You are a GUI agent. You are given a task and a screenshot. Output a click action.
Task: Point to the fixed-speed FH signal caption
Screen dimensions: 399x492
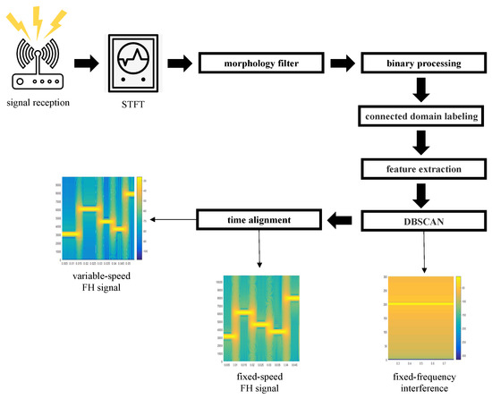point(259,383)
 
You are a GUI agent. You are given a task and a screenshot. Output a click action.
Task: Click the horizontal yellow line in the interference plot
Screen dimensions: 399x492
point(411,303)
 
